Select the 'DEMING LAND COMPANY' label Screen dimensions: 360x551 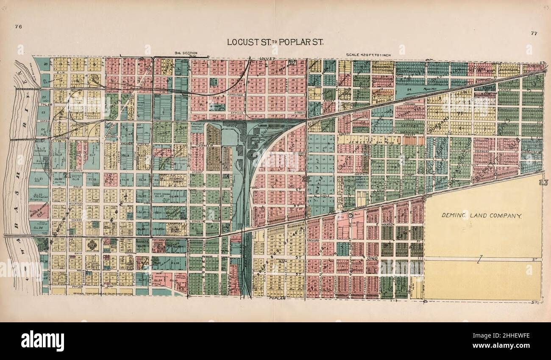481,216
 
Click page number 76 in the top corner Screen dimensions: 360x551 18,27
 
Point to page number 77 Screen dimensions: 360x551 533,33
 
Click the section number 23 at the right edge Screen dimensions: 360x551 541,183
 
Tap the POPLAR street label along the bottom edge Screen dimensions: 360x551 276,299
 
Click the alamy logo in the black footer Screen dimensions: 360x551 43,341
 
